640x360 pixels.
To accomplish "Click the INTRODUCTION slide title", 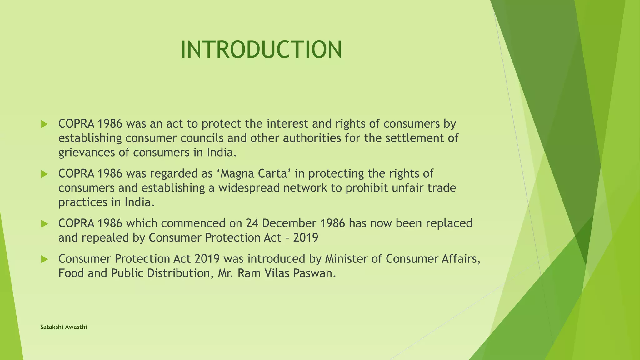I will (x=261, y=50).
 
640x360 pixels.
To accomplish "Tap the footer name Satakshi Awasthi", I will (x=63, y=327).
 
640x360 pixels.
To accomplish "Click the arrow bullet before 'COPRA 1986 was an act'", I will (x=44, y=124).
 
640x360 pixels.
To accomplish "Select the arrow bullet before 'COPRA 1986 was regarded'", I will (x=44, y=174).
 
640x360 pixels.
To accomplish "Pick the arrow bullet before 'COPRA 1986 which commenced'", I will (x=44, y=224).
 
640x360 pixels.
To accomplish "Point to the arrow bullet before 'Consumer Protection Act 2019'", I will (x=44, y=259).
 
